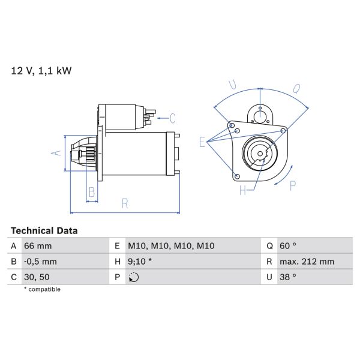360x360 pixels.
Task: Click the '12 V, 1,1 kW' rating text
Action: [41, 71]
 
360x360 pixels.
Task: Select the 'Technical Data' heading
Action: [44, 230]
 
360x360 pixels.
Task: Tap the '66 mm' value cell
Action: [38, 246]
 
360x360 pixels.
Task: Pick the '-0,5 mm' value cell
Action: [40, 262]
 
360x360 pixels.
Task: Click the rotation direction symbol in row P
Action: [133, 277]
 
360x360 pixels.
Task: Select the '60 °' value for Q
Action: [289, 246]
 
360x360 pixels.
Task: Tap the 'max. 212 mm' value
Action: [307, 262]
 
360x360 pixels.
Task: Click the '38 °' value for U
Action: [289, 277]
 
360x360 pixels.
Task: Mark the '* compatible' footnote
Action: [42, 289]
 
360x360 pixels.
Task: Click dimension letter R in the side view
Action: [124, 203]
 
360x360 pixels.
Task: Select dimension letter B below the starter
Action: [92, 192]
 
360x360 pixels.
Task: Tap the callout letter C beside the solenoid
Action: [172, 118]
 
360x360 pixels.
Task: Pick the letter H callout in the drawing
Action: [243, 191]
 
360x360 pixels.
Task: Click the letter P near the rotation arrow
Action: [293, 186]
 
